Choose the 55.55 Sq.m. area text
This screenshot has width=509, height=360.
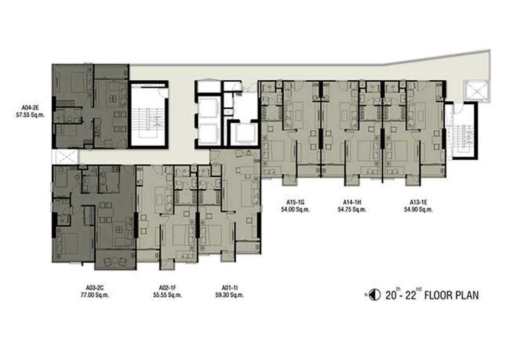pos(168,295)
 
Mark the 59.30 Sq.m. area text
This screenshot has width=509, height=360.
pos(229,295)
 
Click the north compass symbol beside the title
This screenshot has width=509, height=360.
pos(374,295)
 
